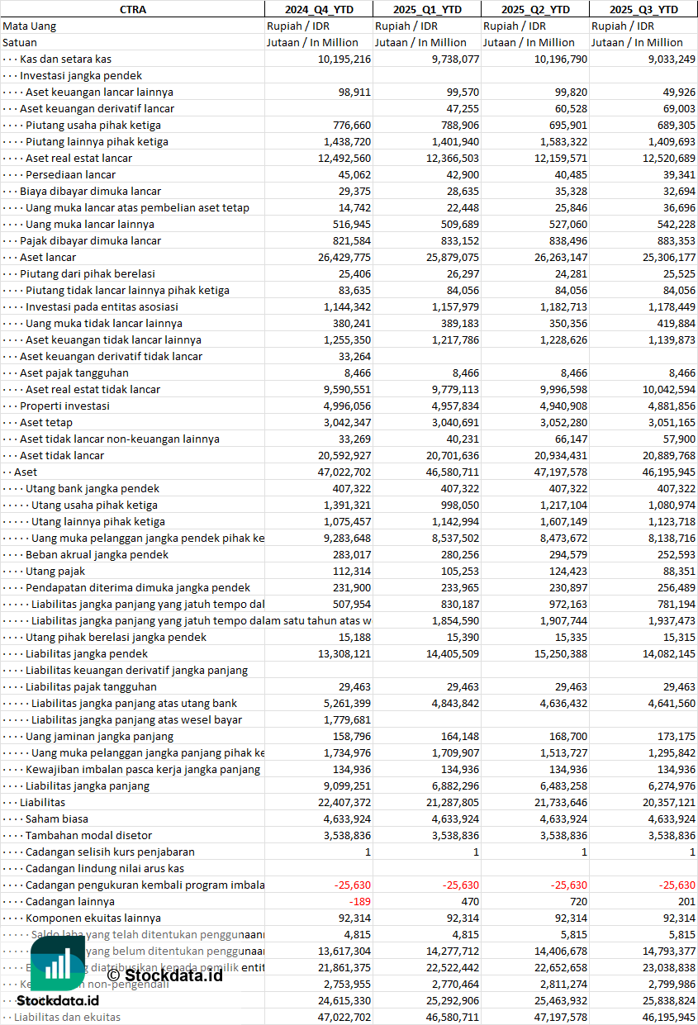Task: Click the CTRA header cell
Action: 132,9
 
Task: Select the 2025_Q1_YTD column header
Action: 426,9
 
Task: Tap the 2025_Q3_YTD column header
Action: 643,9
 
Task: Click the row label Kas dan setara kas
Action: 65,59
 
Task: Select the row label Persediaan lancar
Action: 70,174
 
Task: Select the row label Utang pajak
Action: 55,571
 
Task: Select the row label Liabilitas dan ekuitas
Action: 67,1017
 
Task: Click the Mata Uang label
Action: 29,26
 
